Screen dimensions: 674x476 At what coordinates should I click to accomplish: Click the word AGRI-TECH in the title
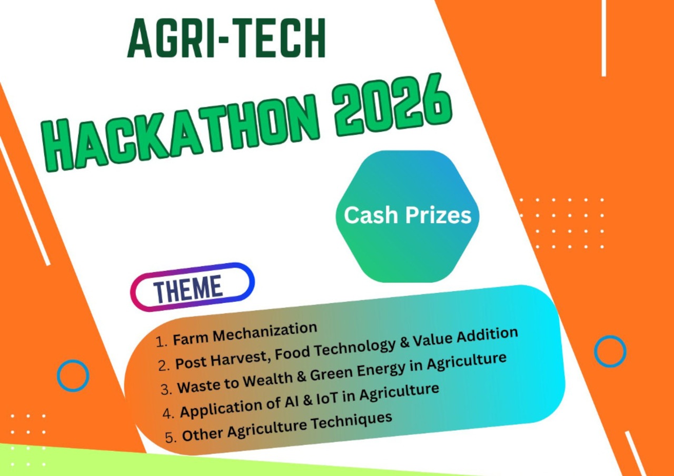pyautogui.click(x=226, y=38)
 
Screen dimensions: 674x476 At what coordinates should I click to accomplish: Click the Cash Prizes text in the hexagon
pyautogui.click(x=408, y=215)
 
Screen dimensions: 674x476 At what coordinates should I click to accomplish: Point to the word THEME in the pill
pyautogui.click(x=188, y=289)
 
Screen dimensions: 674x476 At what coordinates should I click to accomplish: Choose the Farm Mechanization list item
pyautogui.click(x=245, y=334)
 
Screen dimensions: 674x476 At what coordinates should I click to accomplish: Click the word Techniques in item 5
pyautogui.click(x=351, y=420)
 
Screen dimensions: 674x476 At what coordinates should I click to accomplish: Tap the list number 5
pyautogui.click(x=170, y=437)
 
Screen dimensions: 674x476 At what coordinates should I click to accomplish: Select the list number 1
pyautogui.click(x=161, y=342)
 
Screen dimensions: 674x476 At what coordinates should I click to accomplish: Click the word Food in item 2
pyautogui.click(x=292, y=352)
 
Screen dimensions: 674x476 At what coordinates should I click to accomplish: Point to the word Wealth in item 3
pyautogui.click(x=267, y=380)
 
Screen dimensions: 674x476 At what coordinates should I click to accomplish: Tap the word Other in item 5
pyautogui.click(x=203, y=434)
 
